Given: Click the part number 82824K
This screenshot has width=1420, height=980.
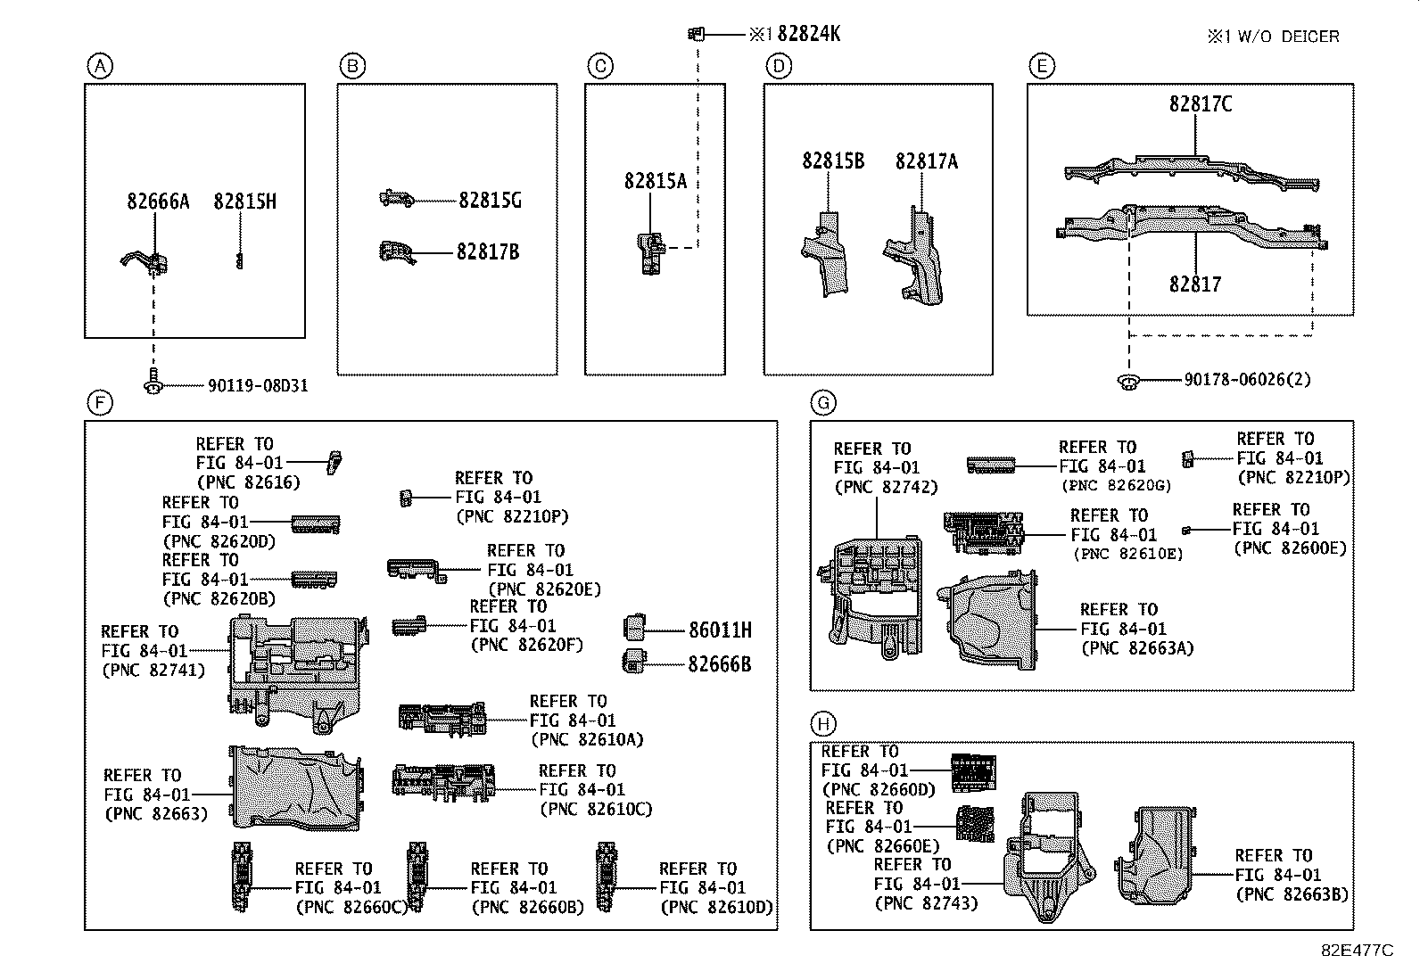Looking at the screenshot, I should [808, 34].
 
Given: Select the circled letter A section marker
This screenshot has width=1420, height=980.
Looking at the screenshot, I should [100, 66].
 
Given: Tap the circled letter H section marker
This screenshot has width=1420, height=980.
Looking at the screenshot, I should [824, 723].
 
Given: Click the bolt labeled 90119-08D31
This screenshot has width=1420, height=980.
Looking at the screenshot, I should [153, 382].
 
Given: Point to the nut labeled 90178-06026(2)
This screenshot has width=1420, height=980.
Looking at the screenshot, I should [1129, 382].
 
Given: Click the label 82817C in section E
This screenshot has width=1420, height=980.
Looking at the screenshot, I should [1201, 104].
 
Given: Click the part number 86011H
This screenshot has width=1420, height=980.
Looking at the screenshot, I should [719, 630].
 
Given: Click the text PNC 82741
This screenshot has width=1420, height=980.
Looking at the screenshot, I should [153, 670].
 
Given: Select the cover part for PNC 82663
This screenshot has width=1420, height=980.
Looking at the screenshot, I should [294, 788].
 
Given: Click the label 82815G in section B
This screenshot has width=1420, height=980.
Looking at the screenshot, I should [490, 201].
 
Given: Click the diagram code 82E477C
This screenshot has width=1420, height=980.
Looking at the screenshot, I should [1356, 951].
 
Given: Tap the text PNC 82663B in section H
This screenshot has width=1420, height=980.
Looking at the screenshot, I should [1292, 894].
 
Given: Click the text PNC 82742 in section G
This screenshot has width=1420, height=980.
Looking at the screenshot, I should [886, 487].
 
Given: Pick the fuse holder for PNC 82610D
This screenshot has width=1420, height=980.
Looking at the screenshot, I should [606, 877].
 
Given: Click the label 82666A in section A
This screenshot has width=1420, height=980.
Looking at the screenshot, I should [158, 202].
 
